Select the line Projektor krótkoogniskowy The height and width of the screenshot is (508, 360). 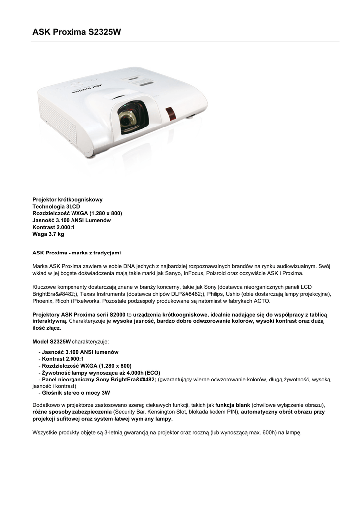[x=68, y=199]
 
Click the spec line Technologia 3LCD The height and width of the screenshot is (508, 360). [x=56, y=206]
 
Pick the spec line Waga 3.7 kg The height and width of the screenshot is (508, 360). [x=48, y=234]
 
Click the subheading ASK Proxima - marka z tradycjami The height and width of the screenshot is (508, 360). [x=76, y=253]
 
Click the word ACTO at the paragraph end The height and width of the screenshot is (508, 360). [x=261, y=301]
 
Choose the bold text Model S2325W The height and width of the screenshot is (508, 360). [x=52, y=342]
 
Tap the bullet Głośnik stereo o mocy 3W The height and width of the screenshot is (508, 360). [x=76, y=392]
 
